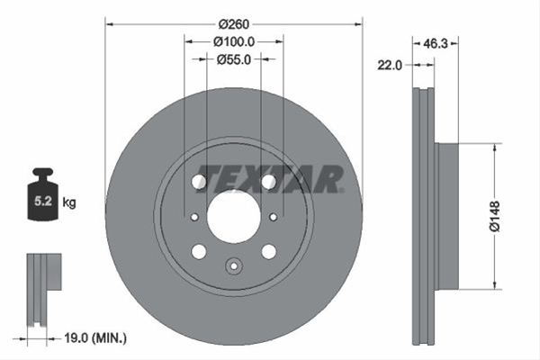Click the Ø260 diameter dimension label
click(x=233, y=24)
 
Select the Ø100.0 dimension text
click(x=234, y=42)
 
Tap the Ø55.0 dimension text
click(x=234, y=59)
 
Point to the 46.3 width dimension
click(x=435, y=43)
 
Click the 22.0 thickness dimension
click(x=390, y=65)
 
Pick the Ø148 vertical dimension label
click(x=494, y=216)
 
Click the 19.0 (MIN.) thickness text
click(x=95, y=338)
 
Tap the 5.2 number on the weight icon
click(x=43, y=202)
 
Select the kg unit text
click(x=69, y=202)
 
